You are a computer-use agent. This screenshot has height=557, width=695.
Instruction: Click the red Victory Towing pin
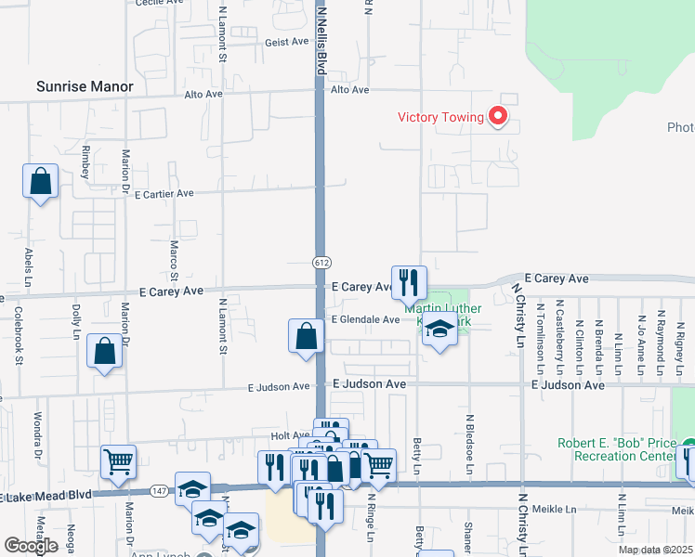[x=498, y=116]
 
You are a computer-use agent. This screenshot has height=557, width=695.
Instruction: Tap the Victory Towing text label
[x=440, y=117]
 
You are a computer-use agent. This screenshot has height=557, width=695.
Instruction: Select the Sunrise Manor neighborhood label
[x=85, y=87]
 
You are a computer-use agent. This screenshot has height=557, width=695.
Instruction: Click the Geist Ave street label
[x=286, y=42]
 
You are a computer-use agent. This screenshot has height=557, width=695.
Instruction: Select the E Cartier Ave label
[x=164, y=194]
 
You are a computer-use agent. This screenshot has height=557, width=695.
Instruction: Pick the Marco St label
[x=174, y=261]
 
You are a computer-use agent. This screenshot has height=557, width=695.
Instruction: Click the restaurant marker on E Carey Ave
[x=409, y=281]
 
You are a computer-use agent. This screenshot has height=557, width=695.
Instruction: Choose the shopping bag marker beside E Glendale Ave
[x=306, y=336]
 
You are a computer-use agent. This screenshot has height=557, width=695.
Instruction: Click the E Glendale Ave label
[x=365, y=319]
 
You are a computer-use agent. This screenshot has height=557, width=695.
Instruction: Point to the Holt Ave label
[x=290, y=434]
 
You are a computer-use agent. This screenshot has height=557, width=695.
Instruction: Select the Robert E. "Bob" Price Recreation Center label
[x=617, y=449]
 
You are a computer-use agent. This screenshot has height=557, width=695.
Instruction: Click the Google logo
[x=31, y=546]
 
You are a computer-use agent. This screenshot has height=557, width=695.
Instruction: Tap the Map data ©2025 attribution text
[x=654, y=550]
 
